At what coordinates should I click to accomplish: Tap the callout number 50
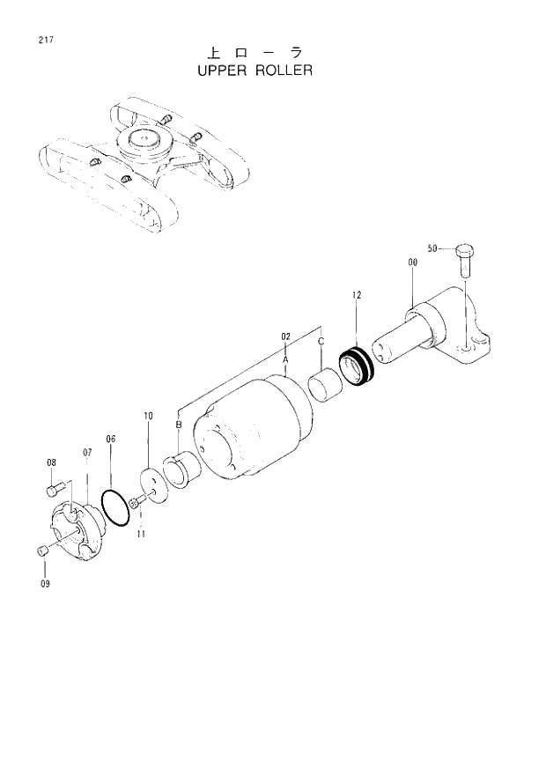tap(432, 248)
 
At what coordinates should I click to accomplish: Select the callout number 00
tap(412, 262)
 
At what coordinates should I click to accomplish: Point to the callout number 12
tap(357, 295)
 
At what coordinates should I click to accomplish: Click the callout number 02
tap(285, 336)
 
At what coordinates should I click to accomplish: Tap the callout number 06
tap(111, 439)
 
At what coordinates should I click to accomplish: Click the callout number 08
tap(51, 462)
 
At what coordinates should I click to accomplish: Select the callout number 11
tap(141, 534)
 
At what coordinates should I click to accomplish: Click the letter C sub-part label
tap(321, 341)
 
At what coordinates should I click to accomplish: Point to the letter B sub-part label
tap(178, 425)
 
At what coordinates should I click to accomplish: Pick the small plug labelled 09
tap(41, 551)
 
